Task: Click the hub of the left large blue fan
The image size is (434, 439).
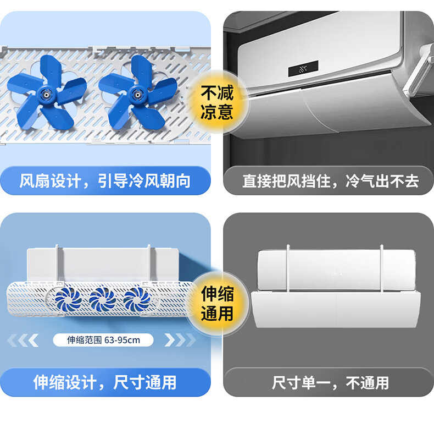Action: tap(46, 95)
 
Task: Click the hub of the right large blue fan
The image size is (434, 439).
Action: tap(137, 95)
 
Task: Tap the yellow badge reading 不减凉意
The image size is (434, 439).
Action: tap(217, 102)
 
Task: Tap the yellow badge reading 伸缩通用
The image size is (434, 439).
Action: tap(217, 304)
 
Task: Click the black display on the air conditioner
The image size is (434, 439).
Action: tap(303, 68)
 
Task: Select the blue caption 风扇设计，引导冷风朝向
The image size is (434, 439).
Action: tap(105, 180)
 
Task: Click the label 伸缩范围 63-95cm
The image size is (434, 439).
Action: tap(103, 340)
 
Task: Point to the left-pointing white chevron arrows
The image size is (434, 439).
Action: tap(23, 340)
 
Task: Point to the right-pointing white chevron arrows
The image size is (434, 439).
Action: tap(180, 340)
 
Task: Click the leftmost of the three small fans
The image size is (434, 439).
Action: tap(69, 300)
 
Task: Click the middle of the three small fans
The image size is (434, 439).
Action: tap(103, 300)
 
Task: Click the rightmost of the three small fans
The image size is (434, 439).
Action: tap(137, 300)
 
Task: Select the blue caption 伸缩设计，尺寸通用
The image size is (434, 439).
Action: tap(105, 382)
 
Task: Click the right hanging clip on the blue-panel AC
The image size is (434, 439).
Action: tap(149, 263)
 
